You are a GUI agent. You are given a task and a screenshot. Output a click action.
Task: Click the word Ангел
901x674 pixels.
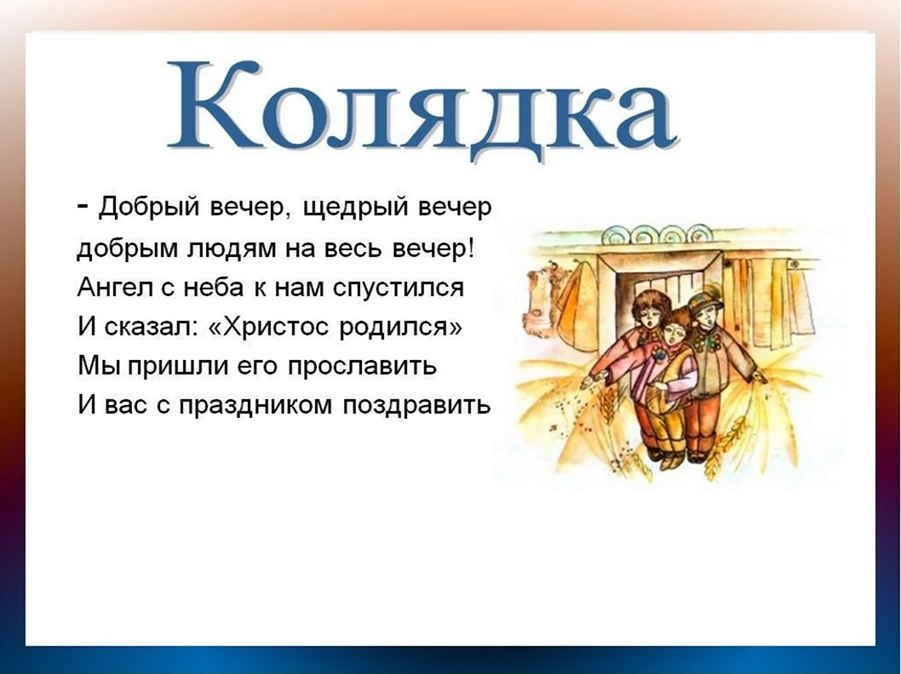[x=112, y=287]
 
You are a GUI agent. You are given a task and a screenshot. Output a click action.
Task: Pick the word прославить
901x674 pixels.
[x=361, y=367]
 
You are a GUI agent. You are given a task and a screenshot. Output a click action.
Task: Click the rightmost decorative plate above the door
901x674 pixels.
[x=697, y=234]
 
